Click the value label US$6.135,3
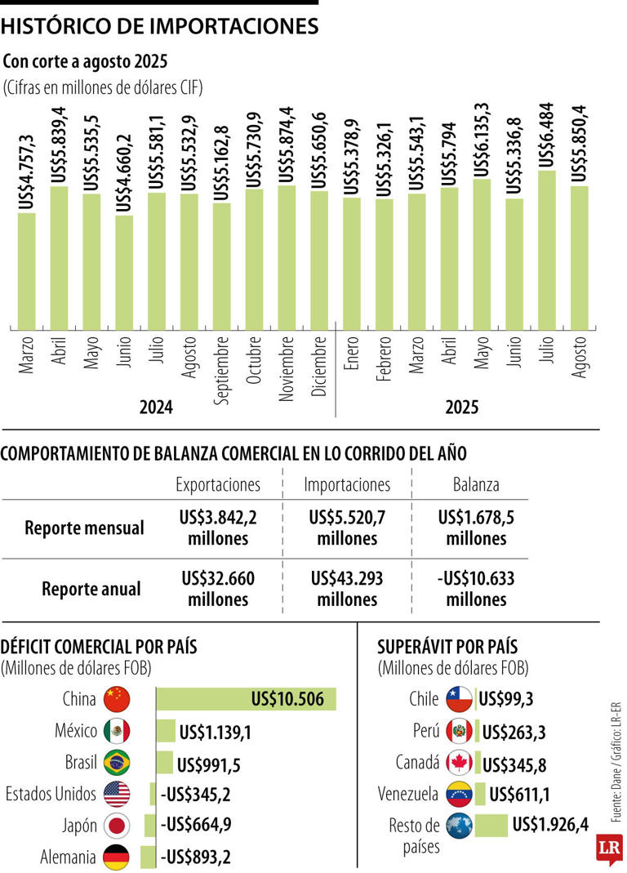(x=482, y=139)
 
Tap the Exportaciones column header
(x=218, y=484)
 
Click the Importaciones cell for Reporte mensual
(x=348, y=528)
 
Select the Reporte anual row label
(x=91, y=589)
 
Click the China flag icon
(x=118, y=699)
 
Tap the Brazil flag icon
(x=118, y=763)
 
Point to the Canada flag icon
(x=459, y=763)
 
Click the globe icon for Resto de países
(x=459, y=826)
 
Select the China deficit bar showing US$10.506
(x=246, y=699)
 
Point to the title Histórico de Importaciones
(x=159, y=26)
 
